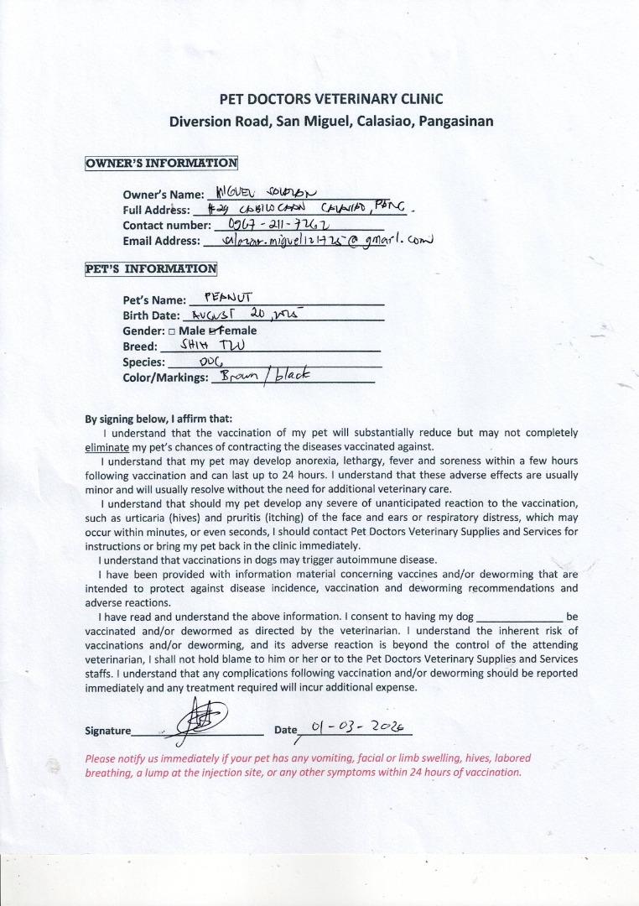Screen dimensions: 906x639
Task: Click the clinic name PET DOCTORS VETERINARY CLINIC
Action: coord(330,98)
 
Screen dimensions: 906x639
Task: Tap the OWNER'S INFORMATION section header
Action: coord(161,163)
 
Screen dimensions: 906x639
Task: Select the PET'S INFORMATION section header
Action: coord(151,269)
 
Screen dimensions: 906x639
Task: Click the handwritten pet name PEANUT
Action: coord(222,297)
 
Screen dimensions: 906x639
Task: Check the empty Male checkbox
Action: coord(170,331)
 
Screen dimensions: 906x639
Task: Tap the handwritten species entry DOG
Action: coord(210,362)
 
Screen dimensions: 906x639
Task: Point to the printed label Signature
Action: coord(107,731)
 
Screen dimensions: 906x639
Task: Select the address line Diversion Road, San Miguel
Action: coord(330,121)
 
